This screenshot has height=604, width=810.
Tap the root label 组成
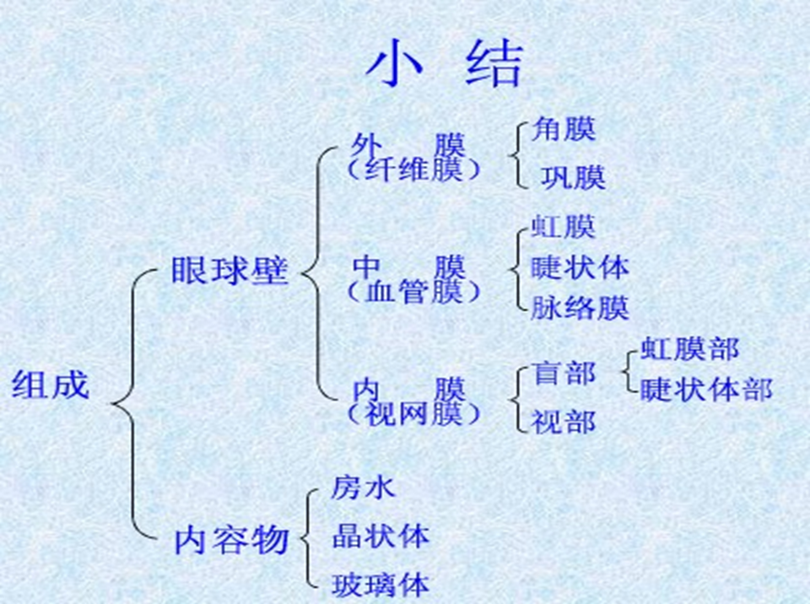pyautogui.click(x=50, y=386)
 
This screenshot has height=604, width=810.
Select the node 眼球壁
pyautogui.click(x=229, y=272)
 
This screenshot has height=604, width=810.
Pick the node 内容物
pyautogui.click(x=231, y=540)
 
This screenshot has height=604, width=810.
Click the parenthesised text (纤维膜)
pyautogui.click(x=413, y=170)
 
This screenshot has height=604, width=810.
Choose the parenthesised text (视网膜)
pyautogui.click(x=413, y=414)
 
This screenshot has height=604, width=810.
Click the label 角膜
pyautogui.click(x=563, y=129)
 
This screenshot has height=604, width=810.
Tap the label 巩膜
pyautogui.click(x=573, y=177)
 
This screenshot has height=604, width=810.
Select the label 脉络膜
pyautogui.click(x=580, y=307)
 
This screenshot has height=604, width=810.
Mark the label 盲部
pyautogui.click(x=563, y=373)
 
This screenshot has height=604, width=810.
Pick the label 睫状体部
pyautogui.click(x=705, y=389)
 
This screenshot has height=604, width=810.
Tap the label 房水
pyautogui.click(x=363, y=487)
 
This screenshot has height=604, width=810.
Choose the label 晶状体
pyautogui.click(x=380, y=536)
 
